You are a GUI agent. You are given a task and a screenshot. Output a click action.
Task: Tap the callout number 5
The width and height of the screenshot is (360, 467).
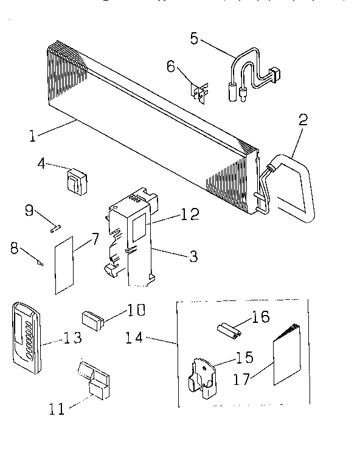tap(194, 38)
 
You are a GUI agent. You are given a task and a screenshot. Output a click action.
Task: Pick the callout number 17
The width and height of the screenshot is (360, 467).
tap(242, 378)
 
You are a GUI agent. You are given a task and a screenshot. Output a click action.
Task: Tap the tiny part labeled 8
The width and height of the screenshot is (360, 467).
tap(41, 262)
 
